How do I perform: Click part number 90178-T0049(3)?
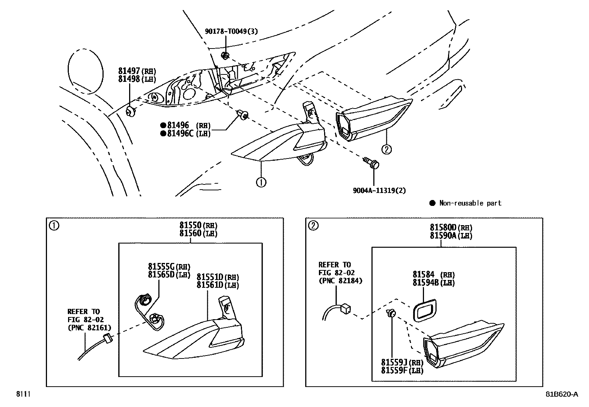coord(231,31)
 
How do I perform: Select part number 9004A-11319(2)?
coord(379,190)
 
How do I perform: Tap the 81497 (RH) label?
coord(137,71)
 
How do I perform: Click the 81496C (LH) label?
coord(188,134)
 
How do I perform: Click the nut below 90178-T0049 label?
coord(225,56)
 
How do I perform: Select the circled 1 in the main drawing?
coord(261,182)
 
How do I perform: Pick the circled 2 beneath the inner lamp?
coord(386,149)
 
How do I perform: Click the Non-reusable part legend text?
coord(470,203)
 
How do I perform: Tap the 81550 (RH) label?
coord(198,225)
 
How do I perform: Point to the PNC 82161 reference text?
coord(89,327)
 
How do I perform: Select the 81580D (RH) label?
coord(451,227)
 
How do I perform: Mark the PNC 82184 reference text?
coord(340,281)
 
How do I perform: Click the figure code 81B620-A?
coord(561,394)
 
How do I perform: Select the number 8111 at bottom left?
coord(22,394)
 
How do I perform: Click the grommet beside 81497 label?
coord(130,111)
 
